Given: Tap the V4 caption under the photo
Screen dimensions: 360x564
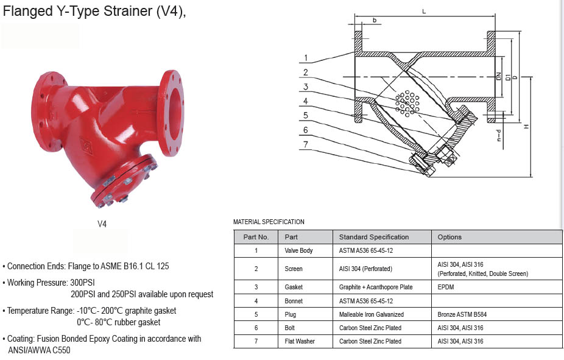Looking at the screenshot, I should [102, 224].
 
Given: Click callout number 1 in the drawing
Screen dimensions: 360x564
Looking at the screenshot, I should [306, 58].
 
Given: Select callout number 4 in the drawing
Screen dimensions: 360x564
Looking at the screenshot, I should [306, 101].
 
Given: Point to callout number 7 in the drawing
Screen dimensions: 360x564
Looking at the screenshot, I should [306, 144].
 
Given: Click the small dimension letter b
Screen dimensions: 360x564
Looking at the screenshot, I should [374, 21].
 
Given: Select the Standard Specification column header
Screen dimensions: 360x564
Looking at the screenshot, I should [373, 237].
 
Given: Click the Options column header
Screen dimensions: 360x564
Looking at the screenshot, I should [449, 237].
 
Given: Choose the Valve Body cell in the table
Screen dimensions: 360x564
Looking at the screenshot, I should [298, 250].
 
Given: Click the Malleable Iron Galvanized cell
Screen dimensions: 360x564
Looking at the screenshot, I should [371, 315].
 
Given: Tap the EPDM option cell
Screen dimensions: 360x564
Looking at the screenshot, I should [445, 287].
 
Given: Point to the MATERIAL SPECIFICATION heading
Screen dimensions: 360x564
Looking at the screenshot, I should [269, 222].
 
